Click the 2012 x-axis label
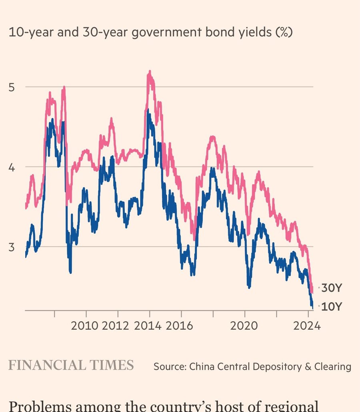[x=116, y=325]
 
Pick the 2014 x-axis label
[x=148, y=325]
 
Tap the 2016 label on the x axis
[x=179, y=325]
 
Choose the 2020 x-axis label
[x=244, y=325]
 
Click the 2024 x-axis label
[x=306, y=325]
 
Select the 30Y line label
[x=332, y=288]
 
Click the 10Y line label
[x=332, y=307]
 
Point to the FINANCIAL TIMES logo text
[x=71, y=365]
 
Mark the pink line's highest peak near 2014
[x=150, y=72]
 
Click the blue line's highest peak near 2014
[x=148, y=109]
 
